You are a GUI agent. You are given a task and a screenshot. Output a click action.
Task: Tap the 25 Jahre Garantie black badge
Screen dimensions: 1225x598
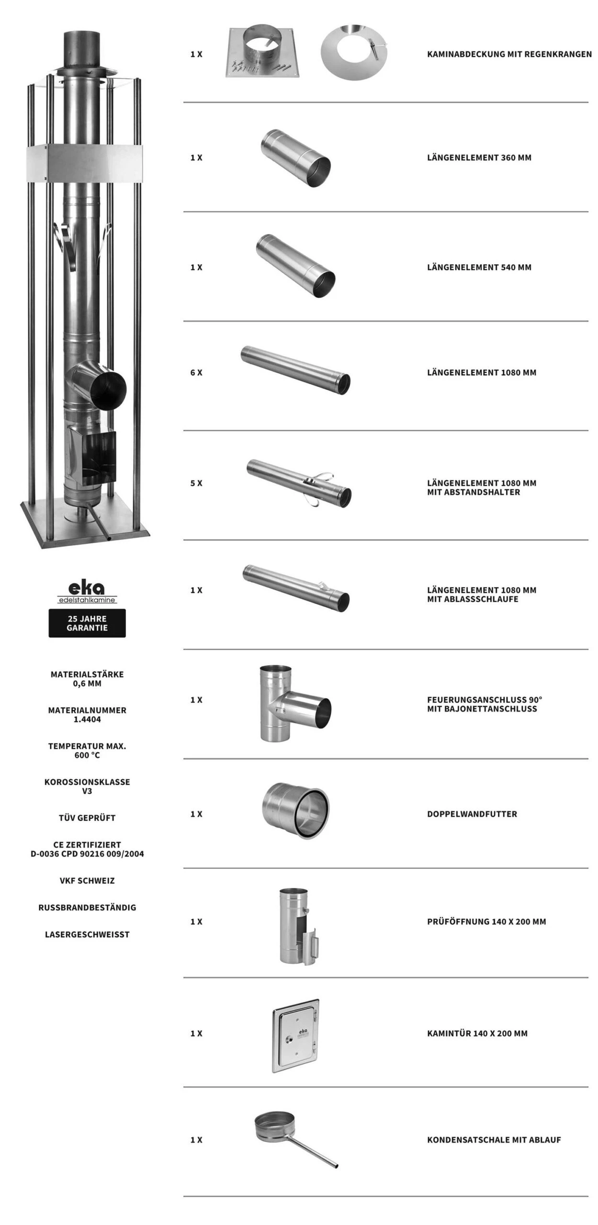click(87, 623)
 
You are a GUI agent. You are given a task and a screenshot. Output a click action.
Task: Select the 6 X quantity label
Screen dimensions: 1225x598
click(196, 372)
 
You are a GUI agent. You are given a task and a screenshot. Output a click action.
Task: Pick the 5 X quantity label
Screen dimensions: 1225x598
click(196, 483)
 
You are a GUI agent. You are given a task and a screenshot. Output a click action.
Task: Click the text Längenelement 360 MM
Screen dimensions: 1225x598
click(479, 157)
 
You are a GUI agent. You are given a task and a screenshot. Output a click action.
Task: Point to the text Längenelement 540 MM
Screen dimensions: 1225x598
click(479, 267)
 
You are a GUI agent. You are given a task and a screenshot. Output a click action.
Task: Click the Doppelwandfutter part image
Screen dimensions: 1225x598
click(296, 811)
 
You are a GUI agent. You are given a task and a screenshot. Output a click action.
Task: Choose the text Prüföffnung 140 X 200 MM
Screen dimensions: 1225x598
click(486, 921)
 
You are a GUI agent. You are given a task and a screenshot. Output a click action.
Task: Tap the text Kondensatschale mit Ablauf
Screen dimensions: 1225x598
click(494, 1139)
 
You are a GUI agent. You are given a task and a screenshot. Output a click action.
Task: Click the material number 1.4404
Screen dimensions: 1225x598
click(87, 719)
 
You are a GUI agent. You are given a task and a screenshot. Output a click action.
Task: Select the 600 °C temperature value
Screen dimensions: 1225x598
click(87, 755)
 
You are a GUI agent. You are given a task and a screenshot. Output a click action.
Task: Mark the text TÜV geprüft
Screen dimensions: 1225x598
click(87, 818)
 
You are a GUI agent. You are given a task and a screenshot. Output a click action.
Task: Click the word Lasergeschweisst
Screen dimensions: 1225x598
click(87, 934)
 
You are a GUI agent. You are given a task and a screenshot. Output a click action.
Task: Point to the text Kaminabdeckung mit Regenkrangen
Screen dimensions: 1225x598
click(509, 54)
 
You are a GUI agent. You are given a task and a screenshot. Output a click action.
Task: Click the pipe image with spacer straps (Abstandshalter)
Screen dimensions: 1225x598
click(299, 483)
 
